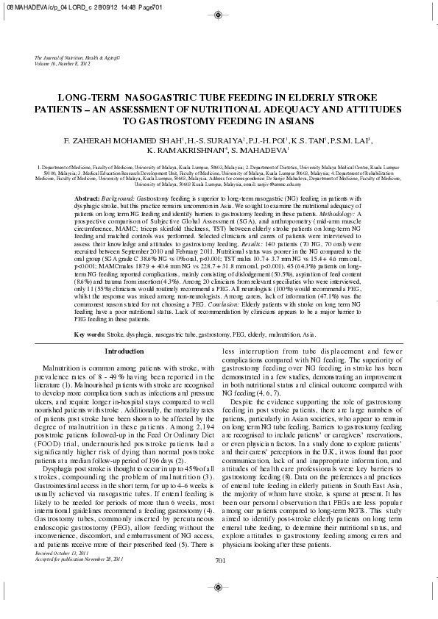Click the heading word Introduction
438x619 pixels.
coord(124,351)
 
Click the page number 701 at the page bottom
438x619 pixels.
coord(219,581)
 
